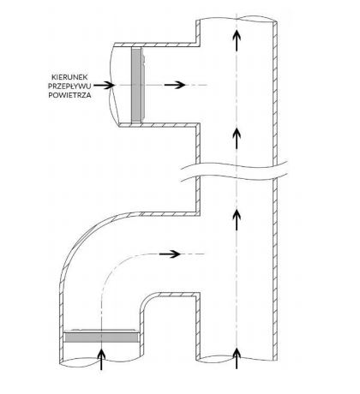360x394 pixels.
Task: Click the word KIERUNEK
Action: click(69, 77)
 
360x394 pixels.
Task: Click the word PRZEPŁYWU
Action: click(69, 87)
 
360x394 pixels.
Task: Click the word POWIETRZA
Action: click(69, 95)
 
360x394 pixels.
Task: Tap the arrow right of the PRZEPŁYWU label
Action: click(104, 85)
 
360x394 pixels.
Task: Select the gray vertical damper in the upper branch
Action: click(136, 85)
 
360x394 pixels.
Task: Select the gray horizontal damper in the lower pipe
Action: click(101, 337)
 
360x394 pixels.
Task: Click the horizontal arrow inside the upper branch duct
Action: click(175, 85)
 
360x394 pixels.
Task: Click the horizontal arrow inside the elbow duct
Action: click(170, 254)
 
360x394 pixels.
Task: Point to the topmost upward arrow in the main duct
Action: click(237, 41)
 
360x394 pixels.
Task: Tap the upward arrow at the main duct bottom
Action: click(237, 358)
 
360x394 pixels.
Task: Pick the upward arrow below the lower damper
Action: click(101, 360)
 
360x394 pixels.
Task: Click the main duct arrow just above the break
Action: click(237, 138)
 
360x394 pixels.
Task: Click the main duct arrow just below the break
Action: click(237, 219)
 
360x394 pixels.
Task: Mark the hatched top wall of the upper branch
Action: click(157, 45)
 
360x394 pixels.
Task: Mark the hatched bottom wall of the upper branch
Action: click(159, 125)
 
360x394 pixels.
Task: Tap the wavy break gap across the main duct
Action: click(234, 171)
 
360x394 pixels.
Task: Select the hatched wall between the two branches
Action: click(198, 170)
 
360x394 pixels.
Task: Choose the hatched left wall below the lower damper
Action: click(61, 351)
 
